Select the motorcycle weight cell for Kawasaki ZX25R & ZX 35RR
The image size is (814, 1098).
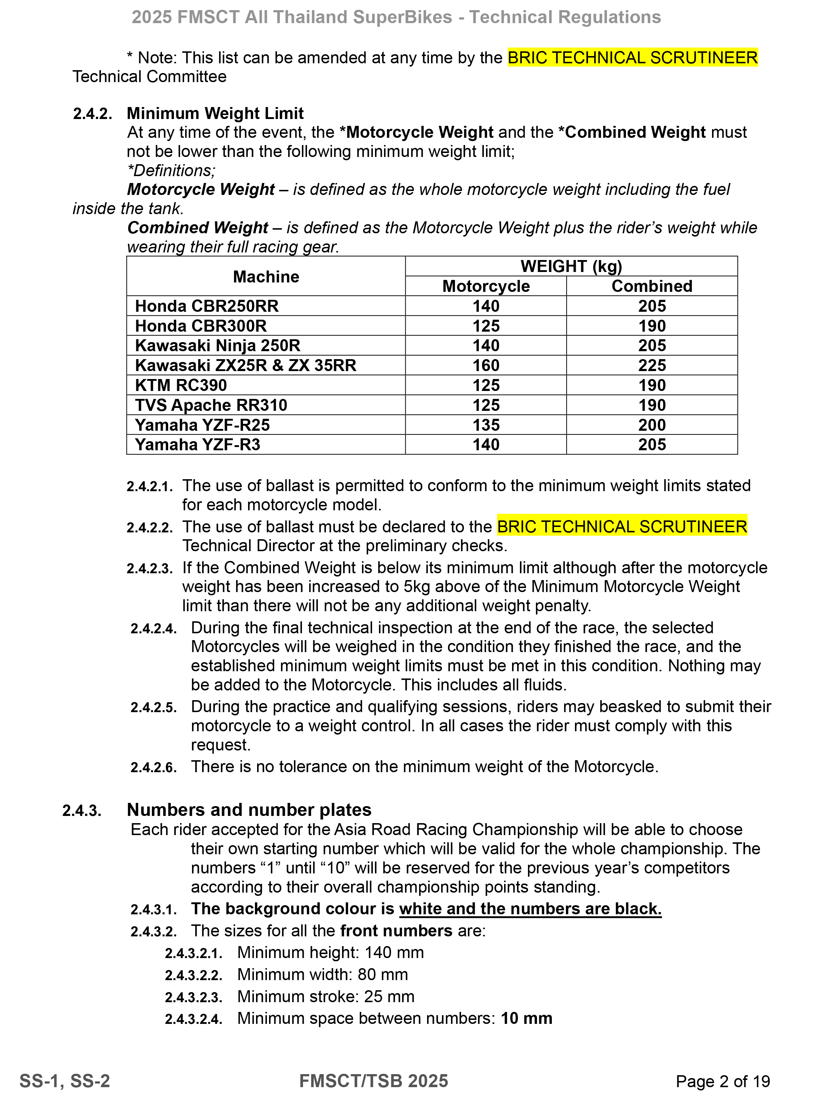click(x=486, y=366)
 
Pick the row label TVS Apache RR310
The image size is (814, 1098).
click(x=211, y=405)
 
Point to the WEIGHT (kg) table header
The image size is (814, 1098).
click(x=571, y=267)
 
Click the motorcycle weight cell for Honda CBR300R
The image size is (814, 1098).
click(x=486, y=326)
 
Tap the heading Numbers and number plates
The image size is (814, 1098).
click(x=249, y=810)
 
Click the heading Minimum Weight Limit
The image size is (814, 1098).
click(x=215, y=113)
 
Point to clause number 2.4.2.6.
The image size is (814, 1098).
click(x=153, y=767)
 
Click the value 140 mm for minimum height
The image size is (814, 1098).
click(x=394, y=953)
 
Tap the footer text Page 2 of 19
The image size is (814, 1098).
click(x=723, y=1081)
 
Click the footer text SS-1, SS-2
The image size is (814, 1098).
click(x=64, y=1081)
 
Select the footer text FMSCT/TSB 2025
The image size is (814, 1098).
click(x=374, y=1081)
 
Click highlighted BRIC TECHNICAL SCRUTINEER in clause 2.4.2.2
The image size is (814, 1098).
click(x=622, y=527)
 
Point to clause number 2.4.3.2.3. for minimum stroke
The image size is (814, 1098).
click(x=193, y=997)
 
